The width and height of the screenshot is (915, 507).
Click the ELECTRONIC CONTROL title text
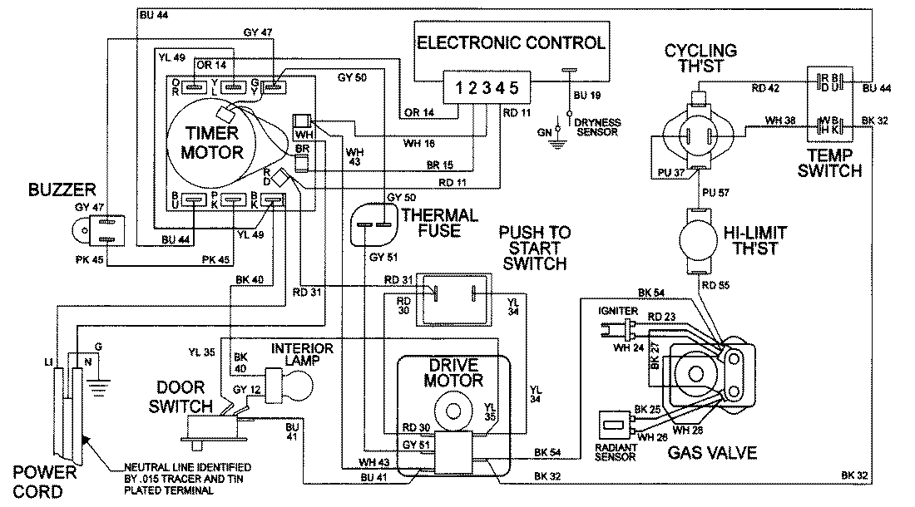[x=511, y=42]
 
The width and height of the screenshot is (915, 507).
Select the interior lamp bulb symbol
[x=296, y=385]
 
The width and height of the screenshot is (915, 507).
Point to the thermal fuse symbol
[x=372, y=224]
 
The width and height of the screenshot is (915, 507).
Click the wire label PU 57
[x=714, y=192]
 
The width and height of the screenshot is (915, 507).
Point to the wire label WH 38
[x=781, y=121]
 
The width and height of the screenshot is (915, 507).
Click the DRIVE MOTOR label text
[x=453, y=374]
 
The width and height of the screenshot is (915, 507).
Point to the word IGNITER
[x=617, y=310]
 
